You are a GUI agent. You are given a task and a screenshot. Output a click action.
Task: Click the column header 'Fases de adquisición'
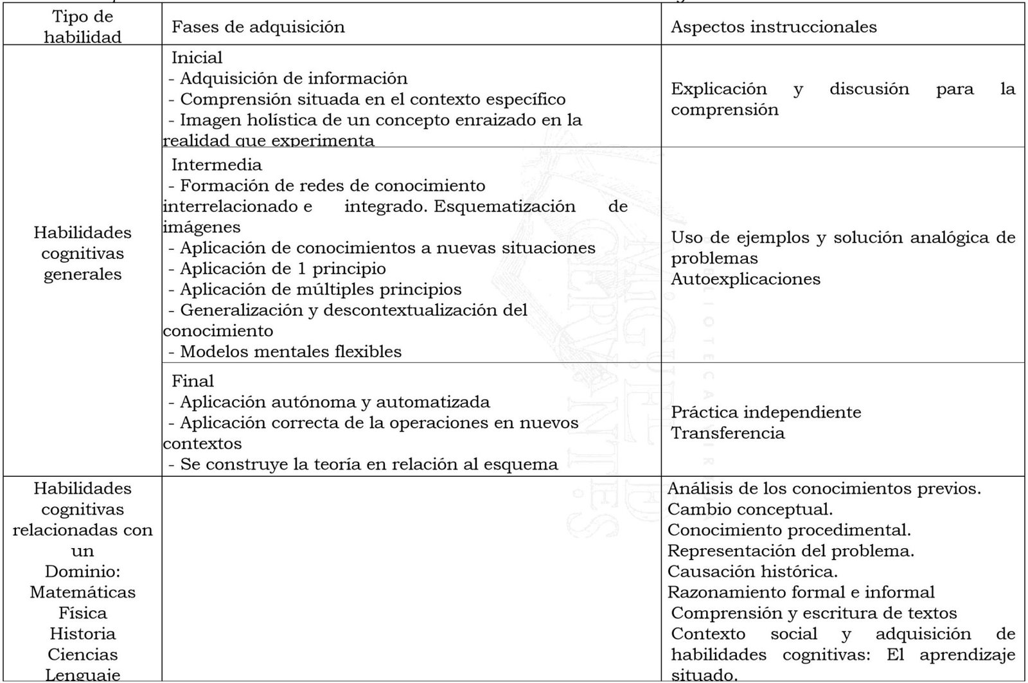point(258,27)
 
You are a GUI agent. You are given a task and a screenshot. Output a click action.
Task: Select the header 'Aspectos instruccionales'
point(774,27)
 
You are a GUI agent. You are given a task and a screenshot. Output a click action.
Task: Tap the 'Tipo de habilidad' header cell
point(82,28)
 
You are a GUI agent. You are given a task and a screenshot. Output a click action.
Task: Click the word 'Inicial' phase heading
point(197,58)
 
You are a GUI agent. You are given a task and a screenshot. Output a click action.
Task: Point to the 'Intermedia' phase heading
point(217,164)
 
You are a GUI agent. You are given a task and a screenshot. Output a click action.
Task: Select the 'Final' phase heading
point(193,381)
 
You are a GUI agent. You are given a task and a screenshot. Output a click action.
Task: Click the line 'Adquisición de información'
point(293,78)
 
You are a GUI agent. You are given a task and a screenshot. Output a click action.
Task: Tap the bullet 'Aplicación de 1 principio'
point(283,269)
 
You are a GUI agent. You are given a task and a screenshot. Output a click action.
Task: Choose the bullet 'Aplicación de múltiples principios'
point(320,289)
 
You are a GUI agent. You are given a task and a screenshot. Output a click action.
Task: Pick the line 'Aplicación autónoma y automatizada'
point(334,402)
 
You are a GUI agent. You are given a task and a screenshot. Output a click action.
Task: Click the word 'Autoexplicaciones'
point(745,279)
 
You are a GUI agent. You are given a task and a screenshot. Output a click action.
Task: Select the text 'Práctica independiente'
point(766,412)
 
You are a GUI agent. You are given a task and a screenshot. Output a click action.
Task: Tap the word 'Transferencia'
point(727,432)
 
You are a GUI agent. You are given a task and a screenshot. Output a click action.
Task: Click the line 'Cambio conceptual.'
point(750,510)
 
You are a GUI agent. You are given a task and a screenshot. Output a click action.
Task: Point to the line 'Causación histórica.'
point(752,571)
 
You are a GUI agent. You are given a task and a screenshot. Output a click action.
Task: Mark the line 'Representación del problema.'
point(790,551)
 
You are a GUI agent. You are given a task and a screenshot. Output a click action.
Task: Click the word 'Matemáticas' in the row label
point(82,592)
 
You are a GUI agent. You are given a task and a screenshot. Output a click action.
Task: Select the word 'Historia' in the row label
point(82,634)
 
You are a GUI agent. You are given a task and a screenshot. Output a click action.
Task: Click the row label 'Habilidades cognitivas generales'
point(82,253)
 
